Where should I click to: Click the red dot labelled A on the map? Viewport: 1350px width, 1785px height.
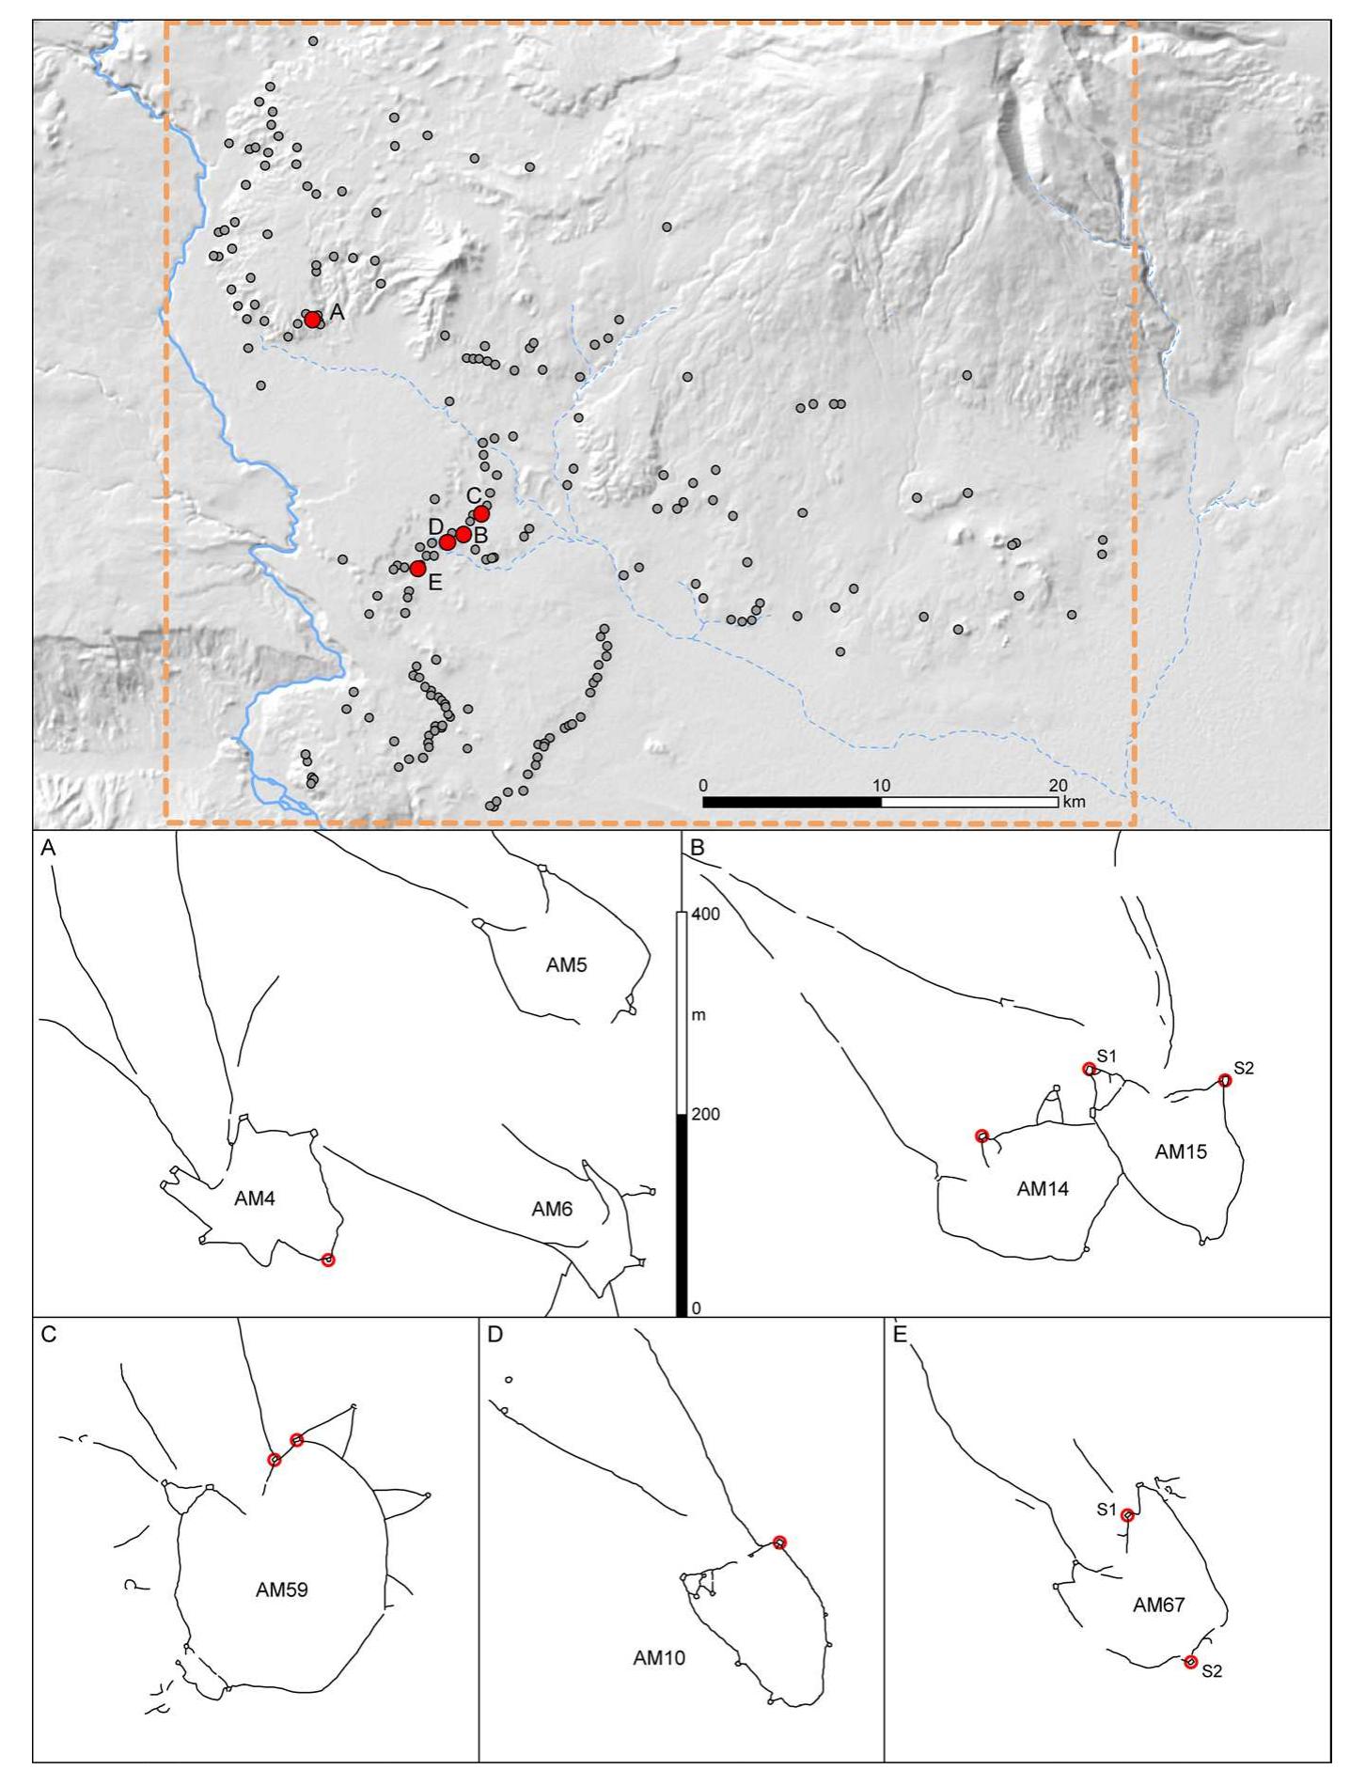(x=312, y=320)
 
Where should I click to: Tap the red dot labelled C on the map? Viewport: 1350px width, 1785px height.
(x=481, y=513)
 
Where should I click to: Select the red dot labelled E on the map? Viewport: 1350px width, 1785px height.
(x=417, y=568)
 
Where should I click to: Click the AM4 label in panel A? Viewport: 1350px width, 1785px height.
(x=255, y=1198)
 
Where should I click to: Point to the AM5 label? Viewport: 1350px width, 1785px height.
(x=566, y=964)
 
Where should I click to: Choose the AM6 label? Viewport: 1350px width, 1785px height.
(x=552, y=1210)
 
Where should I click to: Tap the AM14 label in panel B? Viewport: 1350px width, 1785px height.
(x=1043, y=1189)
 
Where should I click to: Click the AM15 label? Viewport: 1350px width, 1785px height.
(x=1181, y=1151)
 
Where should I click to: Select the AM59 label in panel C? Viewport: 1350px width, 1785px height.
(x=282, y=1590)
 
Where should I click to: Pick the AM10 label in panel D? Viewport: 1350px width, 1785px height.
(x=659, y=1658)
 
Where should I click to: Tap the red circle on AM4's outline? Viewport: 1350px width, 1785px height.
(x=327, y=1260)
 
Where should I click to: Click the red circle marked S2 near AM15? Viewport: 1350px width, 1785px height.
(x=1224, y=1081)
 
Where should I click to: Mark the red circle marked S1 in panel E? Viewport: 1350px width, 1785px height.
(x=1127, y=1515)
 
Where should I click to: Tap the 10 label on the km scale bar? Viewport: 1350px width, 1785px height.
(x=881, y=785)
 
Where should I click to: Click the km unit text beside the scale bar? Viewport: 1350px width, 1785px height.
(x=1073, y=803)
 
